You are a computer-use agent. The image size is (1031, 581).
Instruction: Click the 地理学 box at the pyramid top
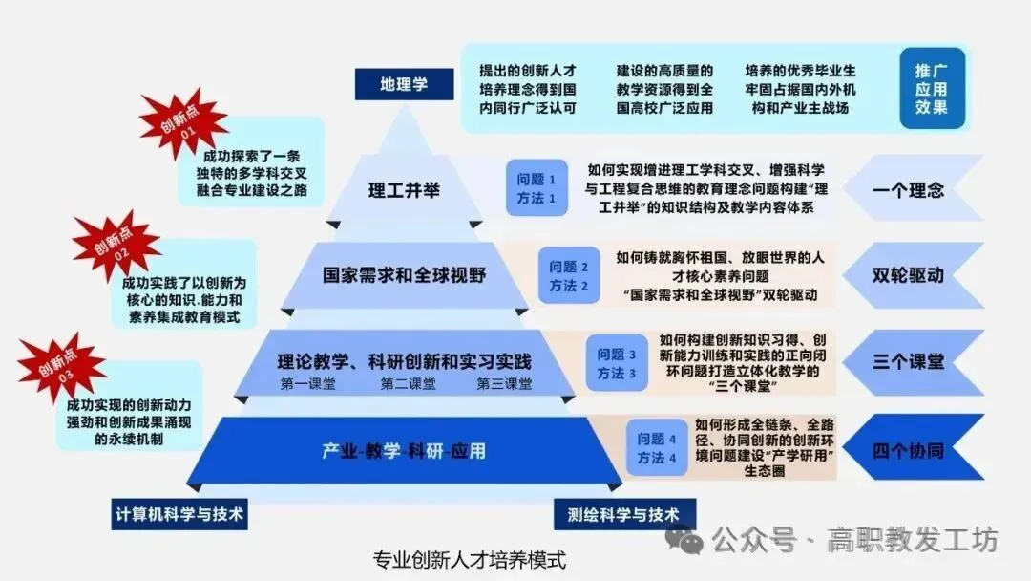(405, 84)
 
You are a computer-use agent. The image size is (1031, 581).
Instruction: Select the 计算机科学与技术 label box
(179, 515)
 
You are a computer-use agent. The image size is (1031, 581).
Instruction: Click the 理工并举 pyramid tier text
(404, 189)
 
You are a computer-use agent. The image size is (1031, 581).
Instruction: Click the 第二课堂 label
(408, 384)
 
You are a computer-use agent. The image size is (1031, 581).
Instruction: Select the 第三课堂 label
(505, 384)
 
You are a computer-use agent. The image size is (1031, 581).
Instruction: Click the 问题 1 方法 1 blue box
(537, 188)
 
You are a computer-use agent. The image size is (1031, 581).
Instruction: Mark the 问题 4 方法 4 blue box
(657, 449)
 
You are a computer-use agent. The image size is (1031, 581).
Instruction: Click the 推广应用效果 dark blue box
(932, 89)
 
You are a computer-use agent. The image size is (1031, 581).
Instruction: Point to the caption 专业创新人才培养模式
(469, 559)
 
